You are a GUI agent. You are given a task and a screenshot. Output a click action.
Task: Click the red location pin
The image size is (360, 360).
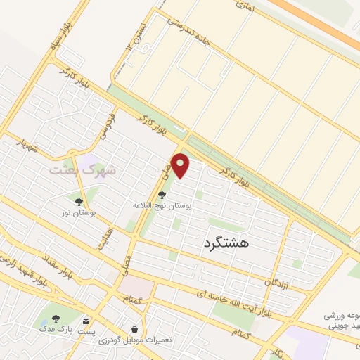[x=181, y=166]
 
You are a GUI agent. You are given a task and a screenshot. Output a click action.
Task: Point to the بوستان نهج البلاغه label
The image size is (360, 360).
[x=163, y=206]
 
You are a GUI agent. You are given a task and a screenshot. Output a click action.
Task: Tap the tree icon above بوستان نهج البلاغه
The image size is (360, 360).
[x=163, y=195]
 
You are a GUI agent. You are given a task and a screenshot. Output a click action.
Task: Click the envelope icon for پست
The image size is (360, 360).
[x=86, y=320]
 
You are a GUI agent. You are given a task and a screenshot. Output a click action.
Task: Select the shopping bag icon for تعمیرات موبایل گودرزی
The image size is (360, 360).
[x=134, y=328]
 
